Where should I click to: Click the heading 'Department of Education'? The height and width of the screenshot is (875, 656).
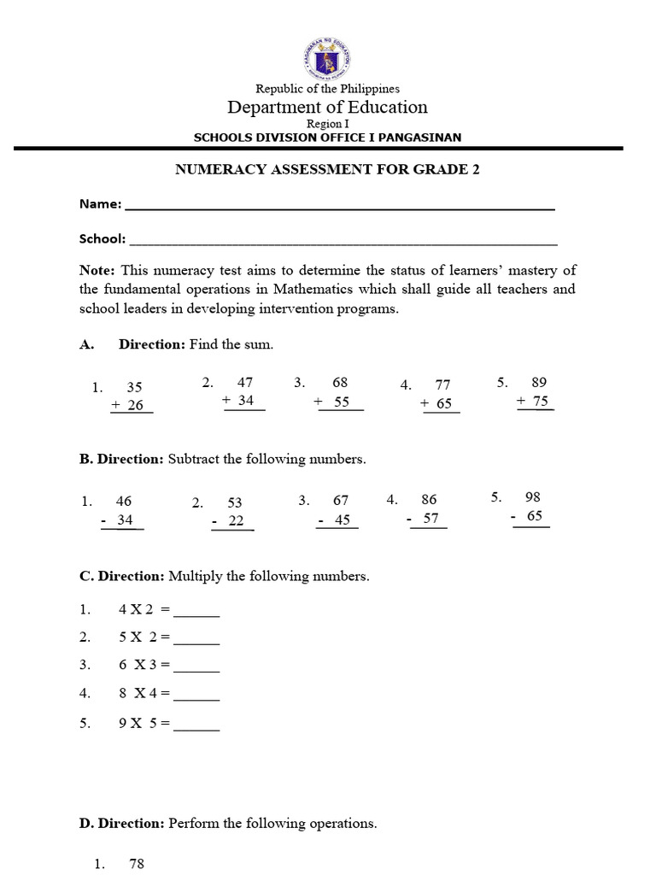point(327,107)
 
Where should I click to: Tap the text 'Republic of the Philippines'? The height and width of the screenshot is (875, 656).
point(327,88)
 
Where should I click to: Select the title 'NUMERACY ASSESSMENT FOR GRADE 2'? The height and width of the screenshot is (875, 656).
point(327,169)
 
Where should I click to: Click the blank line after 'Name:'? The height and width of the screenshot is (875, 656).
point(340,207)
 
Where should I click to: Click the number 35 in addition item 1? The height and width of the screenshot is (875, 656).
point(134,387)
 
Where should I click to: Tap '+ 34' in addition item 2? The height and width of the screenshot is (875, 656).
point(238,400)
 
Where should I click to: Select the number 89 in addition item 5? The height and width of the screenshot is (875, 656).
point(538,382)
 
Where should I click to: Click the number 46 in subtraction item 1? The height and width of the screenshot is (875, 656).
point(124,502)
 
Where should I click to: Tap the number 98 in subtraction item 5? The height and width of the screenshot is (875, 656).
point(533,496)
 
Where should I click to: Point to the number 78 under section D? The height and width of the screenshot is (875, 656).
point(137,864)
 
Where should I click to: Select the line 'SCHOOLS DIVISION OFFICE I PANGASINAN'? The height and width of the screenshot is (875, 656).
point(327,137)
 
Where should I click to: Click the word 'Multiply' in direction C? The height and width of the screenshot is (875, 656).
point(193,576)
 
